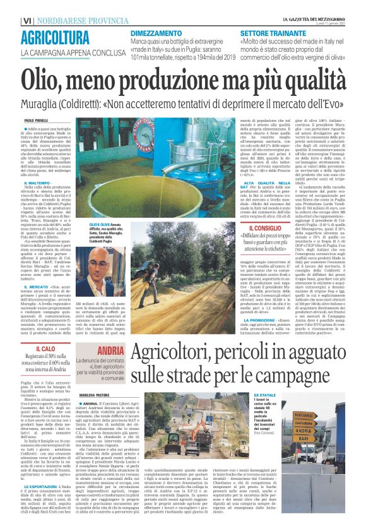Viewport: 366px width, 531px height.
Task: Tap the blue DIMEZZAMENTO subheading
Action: [156, 33]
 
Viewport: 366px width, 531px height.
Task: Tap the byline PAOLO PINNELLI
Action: [38, 119]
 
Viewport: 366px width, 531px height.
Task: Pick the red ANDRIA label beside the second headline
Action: [111, 350]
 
